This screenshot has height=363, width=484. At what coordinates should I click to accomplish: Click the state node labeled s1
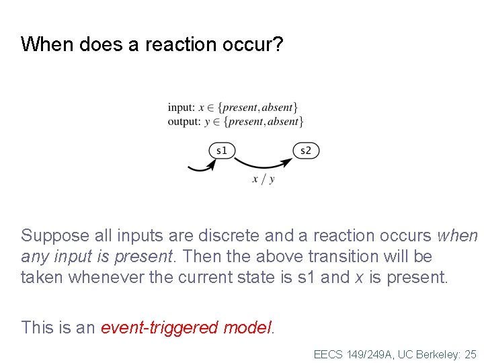222,151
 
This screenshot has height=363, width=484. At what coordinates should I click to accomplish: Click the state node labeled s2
306,151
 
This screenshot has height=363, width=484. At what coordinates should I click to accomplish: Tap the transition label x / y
263,179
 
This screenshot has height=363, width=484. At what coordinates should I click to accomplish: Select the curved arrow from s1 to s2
263,164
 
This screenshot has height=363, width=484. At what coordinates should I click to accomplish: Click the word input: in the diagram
182,107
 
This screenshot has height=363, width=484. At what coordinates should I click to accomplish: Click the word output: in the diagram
184,122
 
